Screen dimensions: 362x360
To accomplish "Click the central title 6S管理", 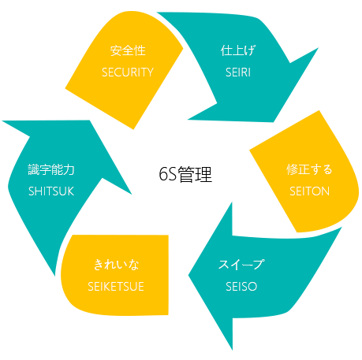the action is coord(185,174).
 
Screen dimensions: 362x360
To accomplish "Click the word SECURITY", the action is coord(128,72).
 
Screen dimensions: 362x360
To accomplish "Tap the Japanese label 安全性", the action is coord(128,50).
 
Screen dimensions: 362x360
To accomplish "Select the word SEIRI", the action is coord(238,72).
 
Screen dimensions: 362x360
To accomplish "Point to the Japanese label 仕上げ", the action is coord(237,50).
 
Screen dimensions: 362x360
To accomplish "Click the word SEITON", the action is coord(309,191).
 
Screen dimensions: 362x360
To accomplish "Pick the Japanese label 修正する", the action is coord(309,169).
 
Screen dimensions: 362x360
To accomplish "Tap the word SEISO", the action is coord(241,287).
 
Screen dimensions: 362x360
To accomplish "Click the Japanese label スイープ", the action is coord(241,265).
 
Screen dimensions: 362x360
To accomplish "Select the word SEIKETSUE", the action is coord(116,287).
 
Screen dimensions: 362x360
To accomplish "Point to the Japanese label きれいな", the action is coord(116,265).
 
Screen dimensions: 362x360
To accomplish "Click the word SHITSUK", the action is coord(51,191).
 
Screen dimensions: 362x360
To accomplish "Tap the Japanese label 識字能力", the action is coord(51,169).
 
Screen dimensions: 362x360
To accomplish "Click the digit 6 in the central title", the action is coord(163,174).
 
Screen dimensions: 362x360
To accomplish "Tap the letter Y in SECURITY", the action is coord(150,72).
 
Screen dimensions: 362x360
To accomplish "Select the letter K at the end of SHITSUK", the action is coord(70,191).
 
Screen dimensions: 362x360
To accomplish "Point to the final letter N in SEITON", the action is coord(326,191).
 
